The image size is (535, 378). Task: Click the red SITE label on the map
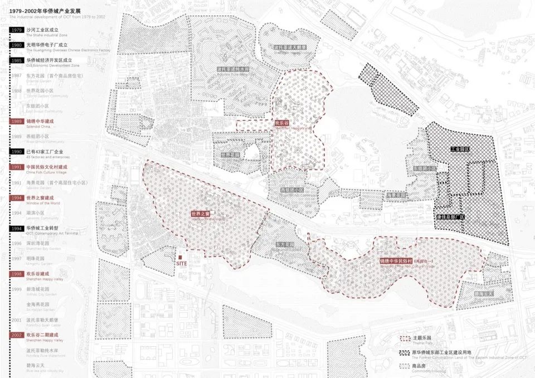(x=181, y=263)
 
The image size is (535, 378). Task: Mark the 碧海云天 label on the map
(x=482, y=293)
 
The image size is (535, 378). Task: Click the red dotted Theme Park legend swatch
(x=405, y=338)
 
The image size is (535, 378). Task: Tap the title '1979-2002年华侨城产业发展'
(x=49, y=11)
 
